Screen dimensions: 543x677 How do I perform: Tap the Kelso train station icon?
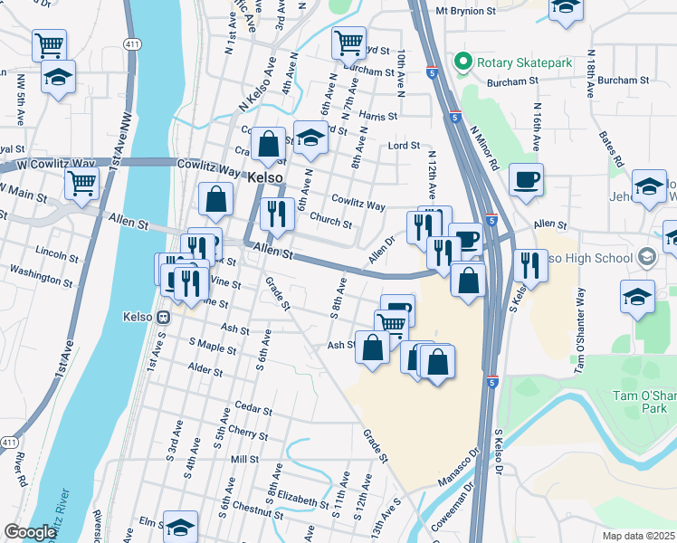[x=164, y=318]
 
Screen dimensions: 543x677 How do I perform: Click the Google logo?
[x=30, y=533]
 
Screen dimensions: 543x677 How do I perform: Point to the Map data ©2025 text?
[x=638, y=536]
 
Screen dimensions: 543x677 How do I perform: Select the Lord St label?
[x=404, y=145]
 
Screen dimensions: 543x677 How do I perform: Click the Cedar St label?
[x=253, y=410]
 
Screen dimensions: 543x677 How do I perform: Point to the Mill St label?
[x=244, y=460]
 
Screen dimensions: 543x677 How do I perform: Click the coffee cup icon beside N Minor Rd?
[x=525, y=179]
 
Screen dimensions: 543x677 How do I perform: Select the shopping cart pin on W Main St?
[x=82, y=183]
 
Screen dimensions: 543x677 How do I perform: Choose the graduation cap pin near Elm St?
[x=180, y=526]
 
